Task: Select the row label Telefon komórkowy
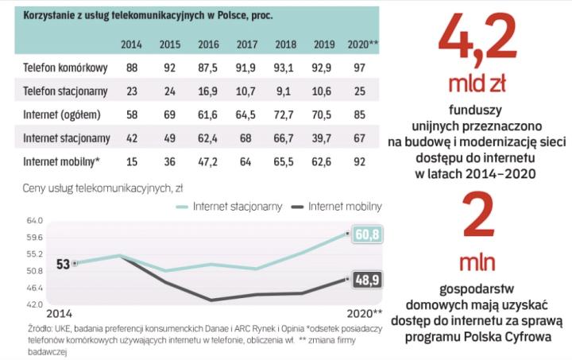(58, 68)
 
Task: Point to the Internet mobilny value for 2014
(131, 162)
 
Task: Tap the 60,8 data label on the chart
(367, 234)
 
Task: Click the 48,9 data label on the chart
(367, 279)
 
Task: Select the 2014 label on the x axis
(58, 313)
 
